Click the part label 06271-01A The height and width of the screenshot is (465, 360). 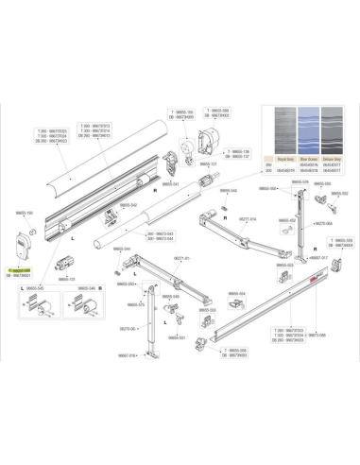click(247, 218)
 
